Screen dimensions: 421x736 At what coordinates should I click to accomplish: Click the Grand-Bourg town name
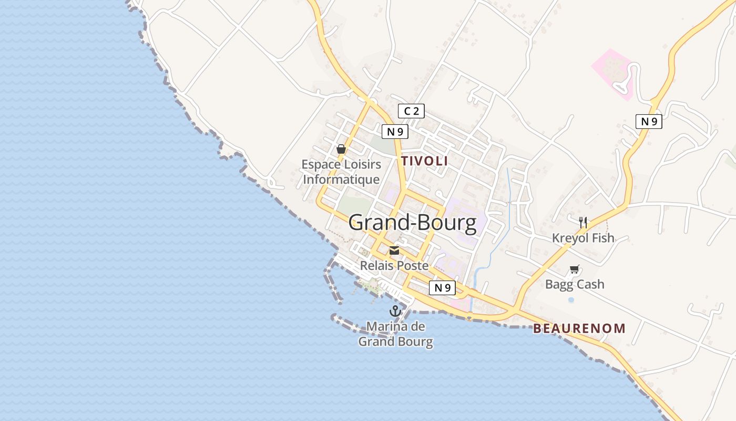point(412,223)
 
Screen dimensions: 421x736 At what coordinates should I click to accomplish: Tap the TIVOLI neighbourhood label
point(425,161)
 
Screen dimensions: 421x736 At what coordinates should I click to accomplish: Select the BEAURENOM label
point(579,329)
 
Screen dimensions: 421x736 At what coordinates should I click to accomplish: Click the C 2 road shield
point(411,111)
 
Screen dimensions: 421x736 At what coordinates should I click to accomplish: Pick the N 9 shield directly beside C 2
point(395,132)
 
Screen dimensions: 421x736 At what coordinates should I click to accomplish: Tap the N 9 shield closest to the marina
point(442,288)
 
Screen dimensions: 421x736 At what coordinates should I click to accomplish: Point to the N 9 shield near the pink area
point(649,122)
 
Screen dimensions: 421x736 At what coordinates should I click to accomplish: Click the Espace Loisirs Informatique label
point(341,172)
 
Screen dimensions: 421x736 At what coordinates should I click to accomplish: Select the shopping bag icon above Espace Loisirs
point(341,149)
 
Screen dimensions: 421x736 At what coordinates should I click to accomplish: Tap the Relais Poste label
point(394,266)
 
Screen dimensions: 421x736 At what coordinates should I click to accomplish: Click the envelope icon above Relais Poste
point(394,250)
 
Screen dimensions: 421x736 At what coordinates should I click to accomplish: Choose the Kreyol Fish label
point(583,238)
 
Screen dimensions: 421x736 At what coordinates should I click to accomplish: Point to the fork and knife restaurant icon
point(582,222)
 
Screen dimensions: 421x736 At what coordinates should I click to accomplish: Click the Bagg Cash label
point(575,285)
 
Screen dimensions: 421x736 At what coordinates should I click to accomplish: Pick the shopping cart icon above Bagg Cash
point(574,269)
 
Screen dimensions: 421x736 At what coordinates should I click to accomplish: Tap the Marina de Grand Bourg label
point(395,334)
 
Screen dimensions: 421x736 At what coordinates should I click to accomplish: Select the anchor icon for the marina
point(395,311)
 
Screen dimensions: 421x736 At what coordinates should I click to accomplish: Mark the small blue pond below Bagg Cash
point(571,299)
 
